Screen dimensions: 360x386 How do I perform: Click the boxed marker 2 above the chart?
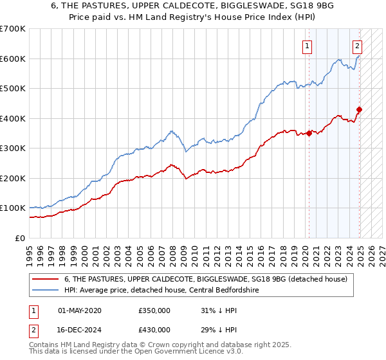(x=357, y=46)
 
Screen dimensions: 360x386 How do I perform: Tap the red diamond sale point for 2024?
(x=359, y=109)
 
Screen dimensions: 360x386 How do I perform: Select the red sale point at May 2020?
(x=309, y=133)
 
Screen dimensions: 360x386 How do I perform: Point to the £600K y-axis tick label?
(x=12, y=59)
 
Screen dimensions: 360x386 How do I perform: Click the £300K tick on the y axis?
(x=12, y=148)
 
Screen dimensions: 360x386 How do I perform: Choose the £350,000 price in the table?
(x=154, y=310)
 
